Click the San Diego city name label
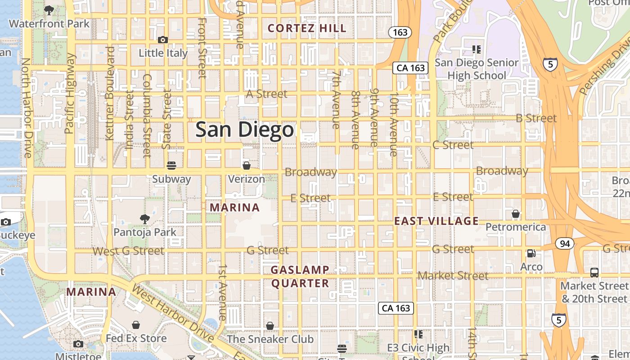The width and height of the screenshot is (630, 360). click(244, 130)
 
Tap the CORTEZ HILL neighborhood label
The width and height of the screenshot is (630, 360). click(307, 28)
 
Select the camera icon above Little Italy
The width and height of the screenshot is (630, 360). click(163, 40)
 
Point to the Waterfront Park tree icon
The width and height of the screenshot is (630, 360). click(49, 10)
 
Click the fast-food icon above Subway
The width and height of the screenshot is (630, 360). click(171, 165)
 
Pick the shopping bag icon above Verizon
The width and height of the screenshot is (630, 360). click(246, 165)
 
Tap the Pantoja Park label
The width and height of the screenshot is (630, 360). click(145, 232)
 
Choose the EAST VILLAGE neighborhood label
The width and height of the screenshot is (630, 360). click(436, 221)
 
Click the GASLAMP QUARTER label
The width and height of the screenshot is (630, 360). click(300, 276)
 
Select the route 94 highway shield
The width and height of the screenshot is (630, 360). click(564, 244)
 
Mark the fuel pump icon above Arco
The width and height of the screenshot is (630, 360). click(531, 253)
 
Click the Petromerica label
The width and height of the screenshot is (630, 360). click(516, 227)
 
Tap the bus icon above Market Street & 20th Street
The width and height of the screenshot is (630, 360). click(594, 272)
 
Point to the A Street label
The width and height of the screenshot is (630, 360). click(266, 94)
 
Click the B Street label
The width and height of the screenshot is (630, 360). click(536, 118)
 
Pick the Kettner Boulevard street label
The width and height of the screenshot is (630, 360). click(110, 93)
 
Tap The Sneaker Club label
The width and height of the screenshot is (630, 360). click(270, 339)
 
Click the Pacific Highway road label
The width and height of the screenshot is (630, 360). click(69, 94)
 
